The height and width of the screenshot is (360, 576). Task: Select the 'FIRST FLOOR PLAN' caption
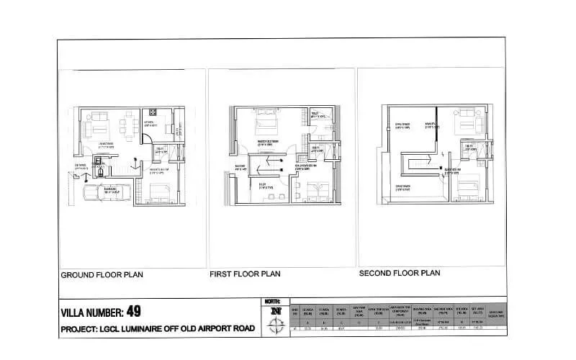[244, 274]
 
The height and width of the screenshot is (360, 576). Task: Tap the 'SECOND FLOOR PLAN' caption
[399, 274]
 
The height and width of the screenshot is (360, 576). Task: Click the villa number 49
[133, 312]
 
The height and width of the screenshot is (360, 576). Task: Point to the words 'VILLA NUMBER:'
[92, 313]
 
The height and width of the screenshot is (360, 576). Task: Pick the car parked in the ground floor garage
[105, 192]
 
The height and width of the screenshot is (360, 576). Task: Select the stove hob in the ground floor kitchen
[153, 112]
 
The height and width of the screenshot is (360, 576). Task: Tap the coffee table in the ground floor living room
[100, 129]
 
